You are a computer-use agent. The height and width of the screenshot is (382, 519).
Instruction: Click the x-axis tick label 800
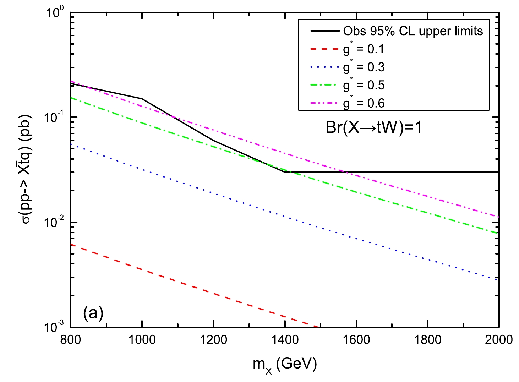(x=71, y=340)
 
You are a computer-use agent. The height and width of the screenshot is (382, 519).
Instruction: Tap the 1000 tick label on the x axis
(x=142, y=340)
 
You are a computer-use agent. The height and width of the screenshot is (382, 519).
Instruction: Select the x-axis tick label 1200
(x=213, y=340)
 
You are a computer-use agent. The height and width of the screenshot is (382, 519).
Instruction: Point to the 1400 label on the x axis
(x=285, y=340)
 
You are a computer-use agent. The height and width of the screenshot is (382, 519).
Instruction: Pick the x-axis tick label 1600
(x=356, y=340)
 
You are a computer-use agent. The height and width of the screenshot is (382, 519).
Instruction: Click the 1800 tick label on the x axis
(x=427, y=340)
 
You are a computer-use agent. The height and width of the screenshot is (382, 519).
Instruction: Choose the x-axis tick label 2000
(x=499, y=340)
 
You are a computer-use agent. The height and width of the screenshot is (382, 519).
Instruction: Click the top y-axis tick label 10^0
(x=56, y=13)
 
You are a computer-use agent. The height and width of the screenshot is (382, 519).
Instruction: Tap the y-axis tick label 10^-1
(x=55, y=117)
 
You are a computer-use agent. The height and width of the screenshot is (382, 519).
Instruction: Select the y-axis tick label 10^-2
(x=55, y=222)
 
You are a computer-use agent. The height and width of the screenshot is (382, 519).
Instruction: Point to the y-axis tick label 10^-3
(x=55, y=327)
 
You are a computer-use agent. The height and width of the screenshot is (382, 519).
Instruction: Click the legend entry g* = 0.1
(x=364, y=49)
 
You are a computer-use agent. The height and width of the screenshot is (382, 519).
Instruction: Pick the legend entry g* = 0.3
(x=364, y=67)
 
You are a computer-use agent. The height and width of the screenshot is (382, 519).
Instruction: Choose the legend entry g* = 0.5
(x=364, y=85)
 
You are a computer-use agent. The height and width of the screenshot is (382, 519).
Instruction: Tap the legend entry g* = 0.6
(x=364, y=103)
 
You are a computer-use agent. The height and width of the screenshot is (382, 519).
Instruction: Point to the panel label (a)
(x=93, y=313)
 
